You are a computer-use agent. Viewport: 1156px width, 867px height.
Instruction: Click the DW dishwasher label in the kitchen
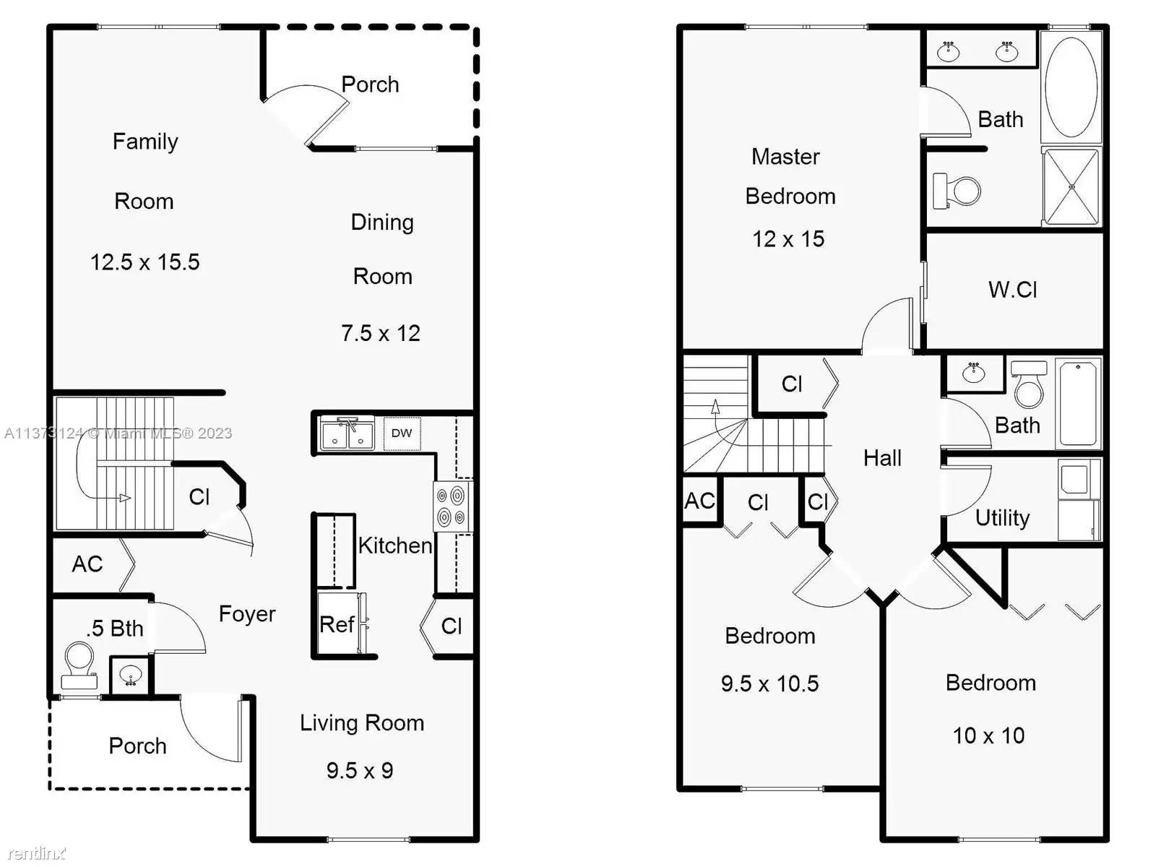tap(401, 433)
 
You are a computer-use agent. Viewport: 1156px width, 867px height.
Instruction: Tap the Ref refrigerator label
tap(337, 625)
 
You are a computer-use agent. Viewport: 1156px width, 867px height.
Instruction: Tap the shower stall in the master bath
tap(1071, 186)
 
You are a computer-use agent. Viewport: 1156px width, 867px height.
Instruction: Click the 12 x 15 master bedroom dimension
tap(788, 239)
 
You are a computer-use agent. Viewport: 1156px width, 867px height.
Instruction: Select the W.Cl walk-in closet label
tap(1012, 290)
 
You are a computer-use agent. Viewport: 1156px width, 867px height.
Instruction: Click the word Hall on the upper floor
tap(882, 457)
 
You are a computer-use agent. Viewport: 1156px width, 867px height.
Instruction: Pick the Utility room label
tap(1002, 518)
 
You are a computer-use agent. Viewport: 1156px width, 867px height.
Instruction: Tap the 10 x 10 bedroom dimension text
tap(988, 736)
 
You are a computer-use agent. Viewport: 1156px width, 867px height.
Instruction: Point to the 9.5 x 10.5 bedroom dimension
tap(769, 683)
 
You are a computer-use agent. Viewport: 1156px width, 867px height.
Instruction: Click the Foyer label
tap(247, 614)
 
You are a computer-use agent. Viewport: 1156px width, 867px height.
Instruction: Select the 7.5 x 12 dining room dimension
tap(380, 333)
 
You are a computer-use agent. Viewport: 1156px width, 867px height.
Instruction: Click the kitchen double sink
tap(347, 433)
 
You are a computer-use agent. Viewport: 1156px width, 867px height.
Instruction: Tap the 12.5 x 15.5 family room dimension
tap(144, 262)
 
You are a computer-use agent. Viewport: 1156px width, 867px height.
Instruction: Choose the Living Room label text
tap(362, 722)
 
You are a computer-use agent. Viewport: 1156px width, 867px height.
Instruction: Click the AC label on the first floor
tap(87, 564)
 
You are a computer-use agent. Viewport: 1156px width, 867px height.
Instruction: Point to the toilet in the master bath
tap(957, 190)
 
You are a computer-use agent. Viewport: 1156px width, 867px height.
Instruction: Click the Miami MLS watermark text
tap(118, 433)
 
